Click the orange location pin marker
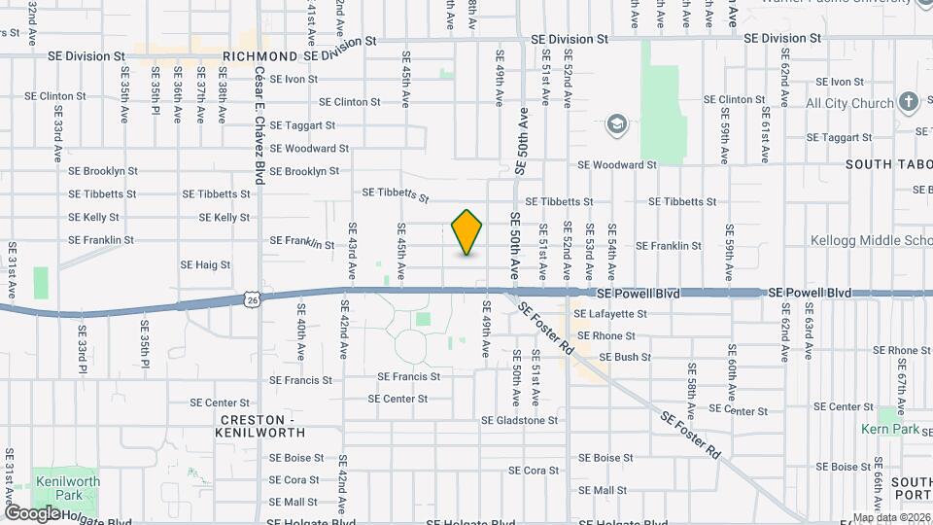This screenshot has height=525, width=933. [467, 232]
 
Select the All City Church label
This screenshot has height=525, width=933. [849, 103]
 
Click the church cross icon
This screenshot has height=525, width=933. [908, 102]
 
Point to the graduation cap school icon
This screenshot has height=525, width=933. [614, 123]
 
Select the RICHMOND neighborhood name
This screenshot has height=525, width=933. [259, 56]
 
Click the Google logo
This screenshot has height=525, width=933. [33, 512]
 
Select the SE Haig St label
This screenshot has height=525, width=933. [205, 264]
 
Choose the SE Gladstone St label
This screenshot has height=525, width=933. [520, 421]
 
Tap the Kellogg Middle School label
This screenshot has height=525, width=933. [871, 240]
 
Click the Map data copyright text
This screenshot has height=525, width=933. [890, 517]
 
